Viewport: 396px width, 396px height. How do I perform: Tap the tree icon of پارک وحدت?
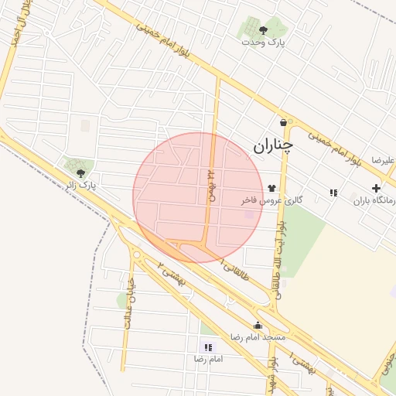(x=263, y=30)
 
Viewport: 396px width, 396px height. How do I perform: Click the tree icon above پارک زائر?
(x=80, y=172)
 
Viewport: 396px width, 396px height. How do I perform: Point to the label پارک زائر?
(x=80, y=186)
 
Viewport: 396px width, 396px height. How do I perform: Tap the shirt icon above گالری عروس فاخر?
(x=271, y=188)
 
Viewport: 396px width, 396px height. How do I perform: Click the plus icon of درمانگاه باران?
(x=376, y=188)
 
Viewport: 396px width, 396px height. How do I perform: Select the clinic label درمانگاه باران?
(x=375, y=201)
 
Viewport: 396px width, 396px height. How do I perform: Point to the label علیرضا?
(x=383, y=160)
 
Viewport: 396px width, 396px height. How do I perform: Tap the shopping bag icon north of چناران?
(x=284, y=122)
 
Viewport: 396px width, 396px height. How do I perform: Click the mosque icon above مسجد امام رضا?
(x=258, y=325)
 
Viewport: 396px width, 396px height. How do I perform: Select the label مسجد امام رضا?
(x=258, y=338)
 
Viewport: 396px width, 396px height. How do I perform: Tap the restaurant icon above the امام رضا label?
(x=207, y=347)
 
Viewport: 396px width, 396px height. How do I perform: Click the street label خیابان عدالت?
(x=128, y=304)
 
